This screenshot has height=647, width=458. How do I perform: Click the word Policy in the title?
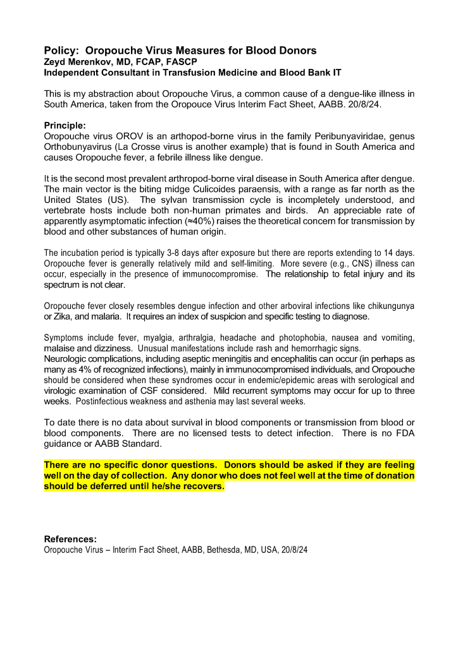click(61, 51)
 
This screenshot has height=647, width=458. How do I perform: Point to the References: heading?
click(70, 539)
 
